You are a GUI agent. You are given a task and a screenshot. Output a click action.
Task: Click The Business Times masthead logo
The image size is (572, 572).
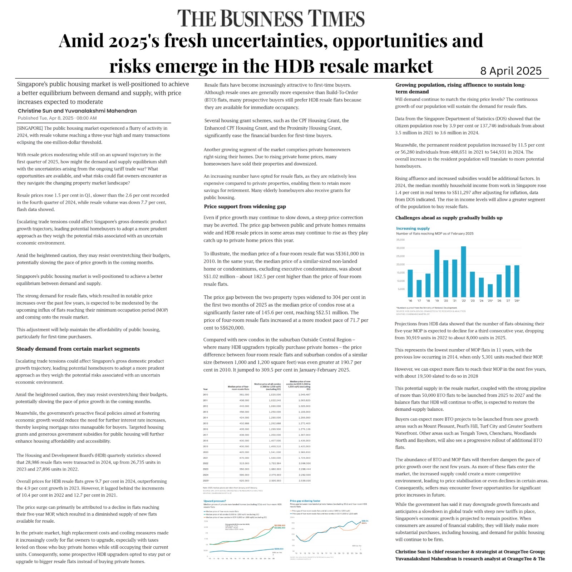pos(271,18)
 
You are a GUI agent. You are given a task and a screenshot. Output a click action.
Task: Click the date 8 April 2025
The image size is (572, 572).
pos(511,71)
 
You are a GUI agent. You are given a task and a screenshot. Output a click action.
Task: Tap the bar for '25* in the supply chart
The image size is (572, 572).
pos(490,291)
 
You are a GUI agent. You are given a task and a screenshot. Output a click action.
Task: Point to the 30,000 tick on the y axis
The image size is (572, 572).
pos(400,248)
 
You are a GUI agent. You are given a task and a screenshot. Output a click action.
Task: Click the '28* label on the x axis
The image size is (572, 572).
pos(517,301)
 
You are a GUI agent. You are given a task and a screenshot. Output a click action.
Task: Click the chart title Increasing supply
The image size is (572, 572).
pos(413,228)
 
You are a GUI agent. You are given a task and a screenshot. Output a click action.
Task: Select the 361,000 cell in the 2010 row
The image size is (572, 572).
pos(244,395)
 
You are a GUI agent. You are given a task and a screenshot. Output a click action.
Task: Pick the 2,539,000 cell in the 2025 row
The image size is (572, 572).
pos(305,481)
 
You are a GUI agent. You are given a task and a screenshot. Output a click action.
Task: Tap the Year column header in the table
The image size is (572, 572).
pos(206,389)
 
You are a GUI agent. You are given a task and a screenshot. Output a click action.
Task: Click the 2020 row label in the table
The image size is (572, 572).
pos(206,452)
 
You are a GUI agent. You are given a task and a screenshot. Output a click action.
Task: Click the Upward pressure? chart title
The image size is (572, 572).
pos(214,501)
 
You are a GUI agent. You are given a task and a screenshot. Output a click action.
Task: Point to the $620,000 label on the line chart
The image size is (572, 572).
pos(279,548)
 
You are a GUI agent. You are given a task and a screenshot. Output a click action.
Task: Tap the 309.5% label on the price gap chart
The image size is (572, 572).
pos(365,521)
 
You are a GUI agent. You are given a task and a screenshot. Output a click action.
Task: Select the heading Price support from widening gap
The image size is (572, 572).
pos(245,207)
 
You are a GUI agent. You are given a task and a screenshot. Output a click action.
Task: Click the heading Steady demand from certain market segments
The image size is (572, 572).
pos(78,349)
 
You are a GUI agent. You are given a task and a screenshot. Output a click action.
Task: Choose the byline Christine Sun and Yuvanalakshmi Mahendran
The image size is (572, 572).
pos(77,111)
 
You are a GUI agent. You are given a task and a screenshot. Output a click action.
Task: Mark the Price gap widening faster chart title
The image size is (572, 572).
pos(305,501)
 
